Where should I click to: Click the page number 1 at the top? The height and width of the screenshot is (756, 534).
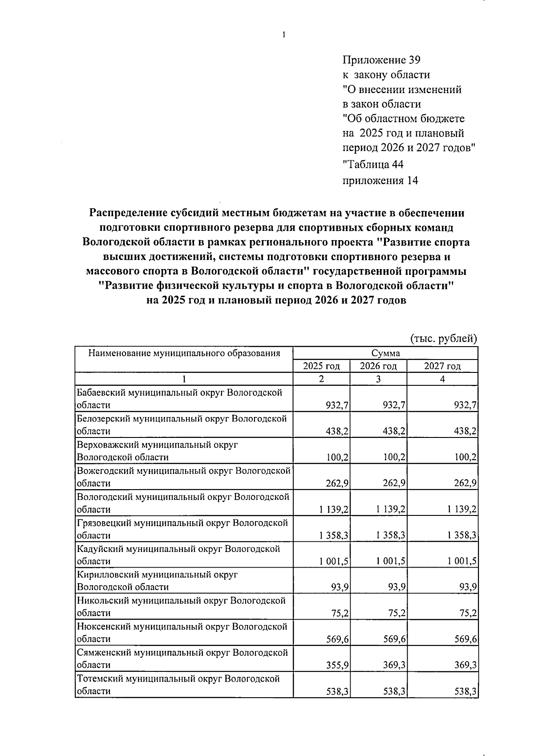tap(283, 36)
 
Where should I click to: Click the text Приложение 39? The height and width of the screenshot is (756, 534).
tap(381, 60)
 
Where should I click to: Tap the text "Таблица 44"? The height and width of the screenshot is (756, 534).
tap(373, 165)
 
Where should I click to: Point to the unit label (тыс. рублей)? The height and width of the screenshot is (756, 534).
tap(443, 339)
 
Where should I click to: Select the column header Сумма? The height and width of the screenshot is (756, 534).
tap(385, 354)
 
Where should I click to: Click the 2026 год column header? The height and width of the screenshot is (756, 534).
tap(378, 366)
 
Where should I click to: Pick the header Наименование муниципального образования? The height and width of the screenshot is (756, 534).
tap(184, 354)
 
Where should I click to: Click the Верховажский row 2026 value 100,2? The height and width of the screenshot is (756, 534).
tap(394, 458)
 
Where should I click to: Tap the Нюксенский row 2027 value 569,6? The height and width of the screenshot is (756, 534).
tap(465, 639)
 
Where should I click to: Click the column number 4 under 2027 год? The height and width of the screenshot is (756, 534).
tap(442, 379)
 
